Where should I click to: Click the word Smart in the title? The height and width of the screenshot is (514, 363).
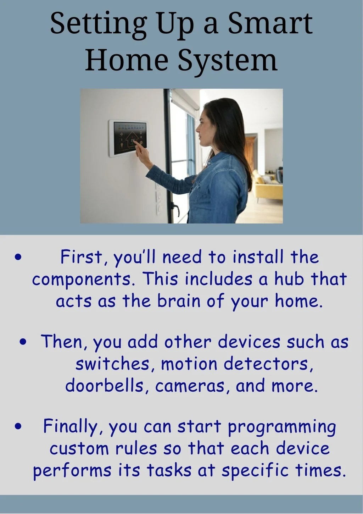tap(270, 24)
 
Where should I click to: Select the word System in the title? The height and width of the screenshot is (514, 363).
tap(227, 60)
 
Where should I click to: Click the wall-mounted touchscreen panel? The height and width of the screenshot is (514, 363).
tap(128, 138)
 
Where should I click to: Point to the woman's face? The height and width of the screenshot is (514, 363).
tap(201, 126)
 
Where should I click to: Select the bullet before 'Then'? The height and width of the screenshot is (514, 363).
tap(23, 342)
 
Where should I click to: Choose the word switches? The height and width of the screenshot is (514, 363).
tap(112, 364)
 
